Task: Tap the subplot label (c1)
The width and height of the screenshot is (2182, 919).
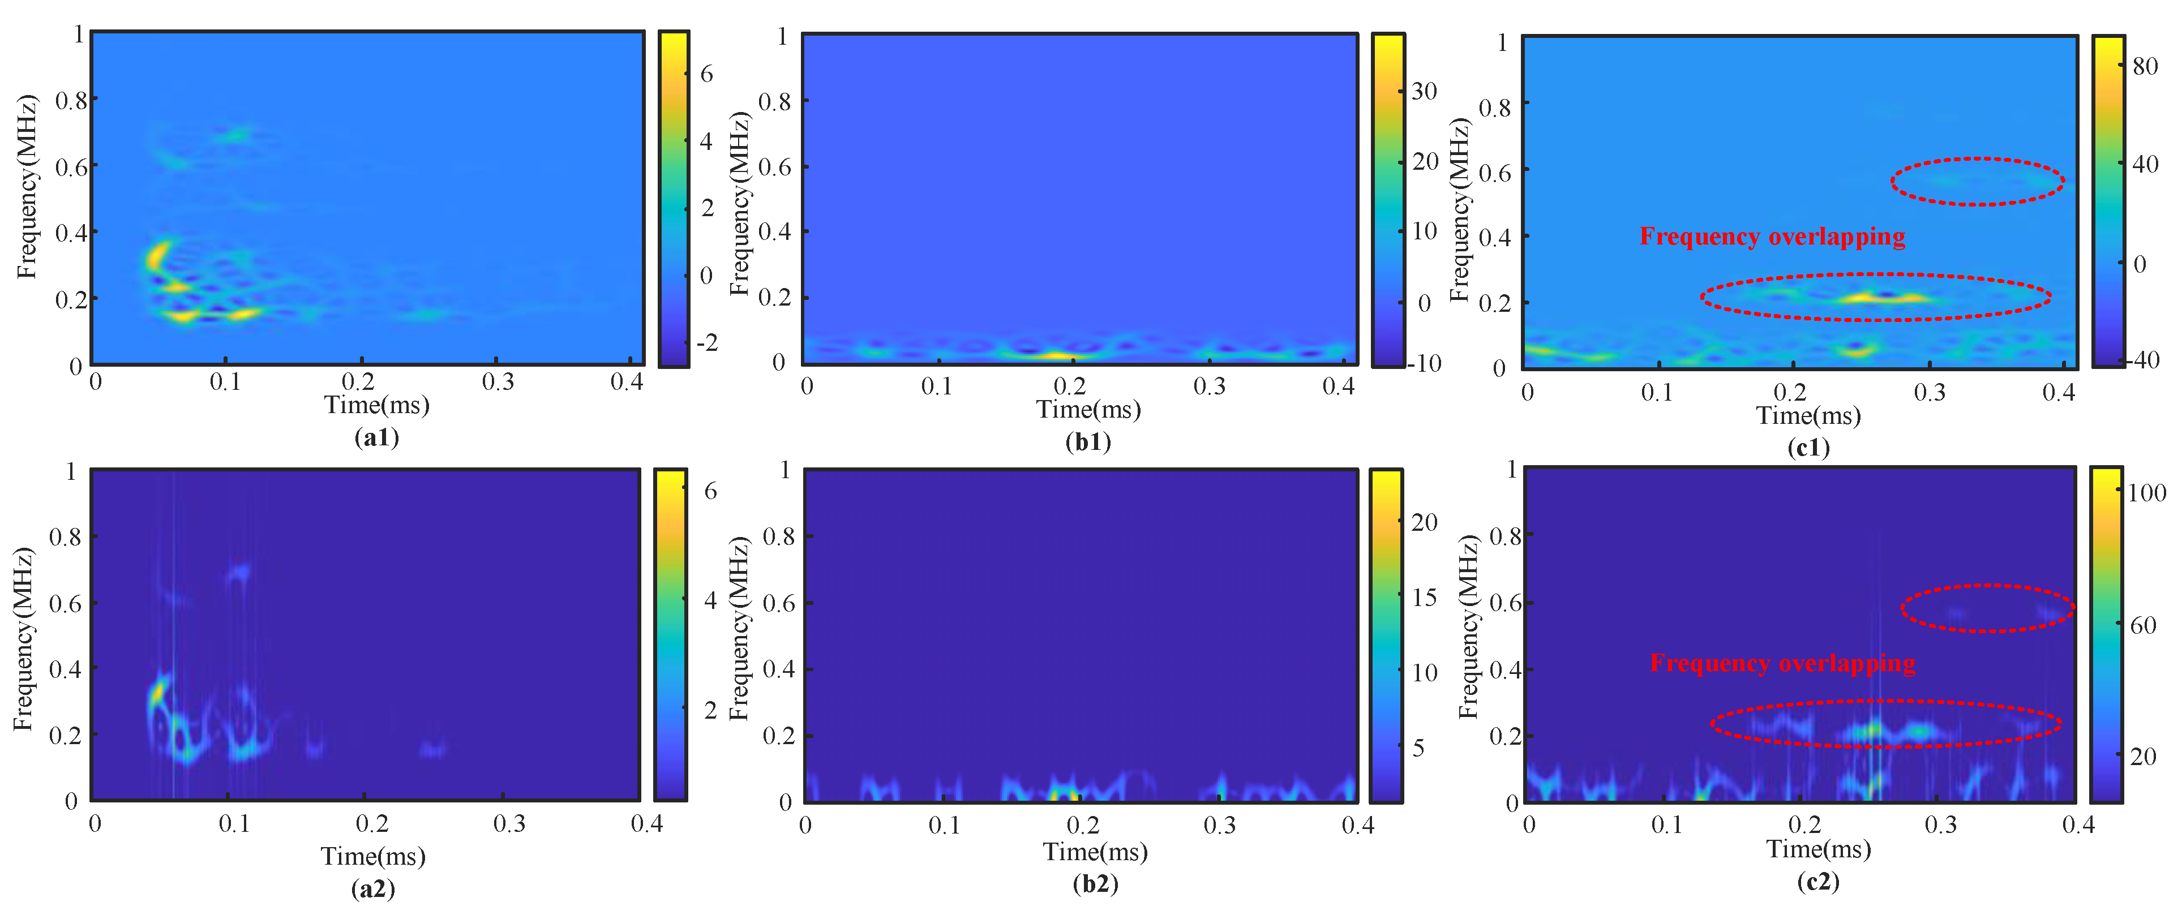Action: pyautogui.click(x=1808, y=447)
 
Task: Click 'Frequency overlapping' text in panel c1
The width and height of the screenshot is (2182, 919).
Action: pyautogui.click(x=1772, y=237)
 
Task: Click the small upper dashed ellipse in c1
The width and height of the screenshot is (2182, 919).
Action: pyautogui.click(x=1977, y=181)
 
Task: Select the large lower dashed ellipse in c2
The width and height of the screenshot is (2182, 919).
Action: pyautogui.click(x=1885, y=724)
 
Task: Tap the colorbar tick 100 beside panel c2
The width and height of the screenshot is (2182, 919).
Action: pyautogui.click(x=2146, y=493)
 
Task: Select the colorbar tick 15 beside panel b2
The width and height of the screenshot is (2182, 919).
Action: pyautogui.click(x=1425, y=597)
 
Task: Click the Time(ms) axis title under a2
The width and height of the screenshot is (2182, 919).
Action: pyautogui.click(x=372, y=856)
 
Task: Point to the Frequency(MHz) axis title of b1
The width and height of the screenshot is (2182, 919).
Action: pyautogui.click(x=739, y=203)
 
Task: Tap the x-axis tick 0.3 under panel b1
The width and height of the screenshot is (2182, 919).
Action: pyautogui.click(x=1209, y=387)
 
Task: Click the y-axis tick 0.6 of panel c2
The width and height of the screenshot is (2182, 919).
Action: pyautogui.click(x=1504, y=603)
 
